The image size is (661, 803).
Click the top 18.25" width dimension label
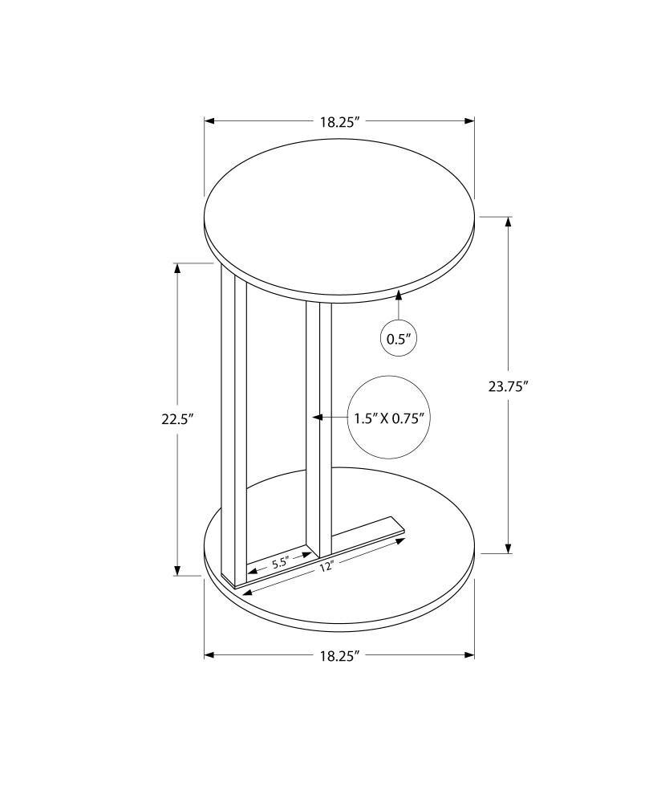339,122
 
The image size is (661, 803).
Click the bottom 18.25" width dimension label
339,655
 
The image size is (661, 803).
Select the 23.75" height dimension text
508,385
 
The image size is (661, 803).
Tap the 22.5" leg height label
177,418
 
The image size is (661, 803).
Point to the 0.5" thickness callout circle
399,339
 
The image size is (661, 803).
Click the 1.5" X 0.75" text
389,418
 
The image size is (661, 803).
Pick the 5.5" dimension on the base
280,563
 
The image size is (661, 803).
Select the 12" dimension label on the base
325,567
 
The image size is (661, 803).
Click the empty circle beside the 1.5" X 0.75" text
389,418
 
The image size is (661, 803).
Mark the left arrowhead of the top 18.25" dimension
209,121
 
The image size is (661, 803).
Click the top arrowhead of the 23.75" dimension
508,222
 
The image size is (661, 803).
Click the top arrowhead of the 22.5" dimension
177,268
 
